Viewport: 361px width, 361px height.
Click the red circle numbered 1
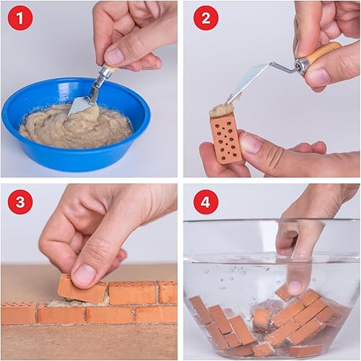click(19, 17)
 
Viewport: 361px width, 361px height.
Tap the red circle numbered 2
click(206, 17)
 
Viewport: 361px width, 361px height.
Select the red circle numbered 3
click(19, 201)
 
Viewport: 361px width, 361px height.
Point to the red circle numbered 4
click(206, 201)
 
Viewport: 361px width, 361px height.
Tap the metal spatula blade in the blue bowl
click(81, 105)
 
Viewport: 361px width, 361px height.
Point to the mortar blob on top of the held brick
click(222, 109)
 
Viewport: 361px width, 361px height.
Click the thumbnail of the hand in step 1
click(114, 56)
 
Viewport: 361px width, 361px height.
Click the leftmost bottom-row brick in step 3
click(17, 313)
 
